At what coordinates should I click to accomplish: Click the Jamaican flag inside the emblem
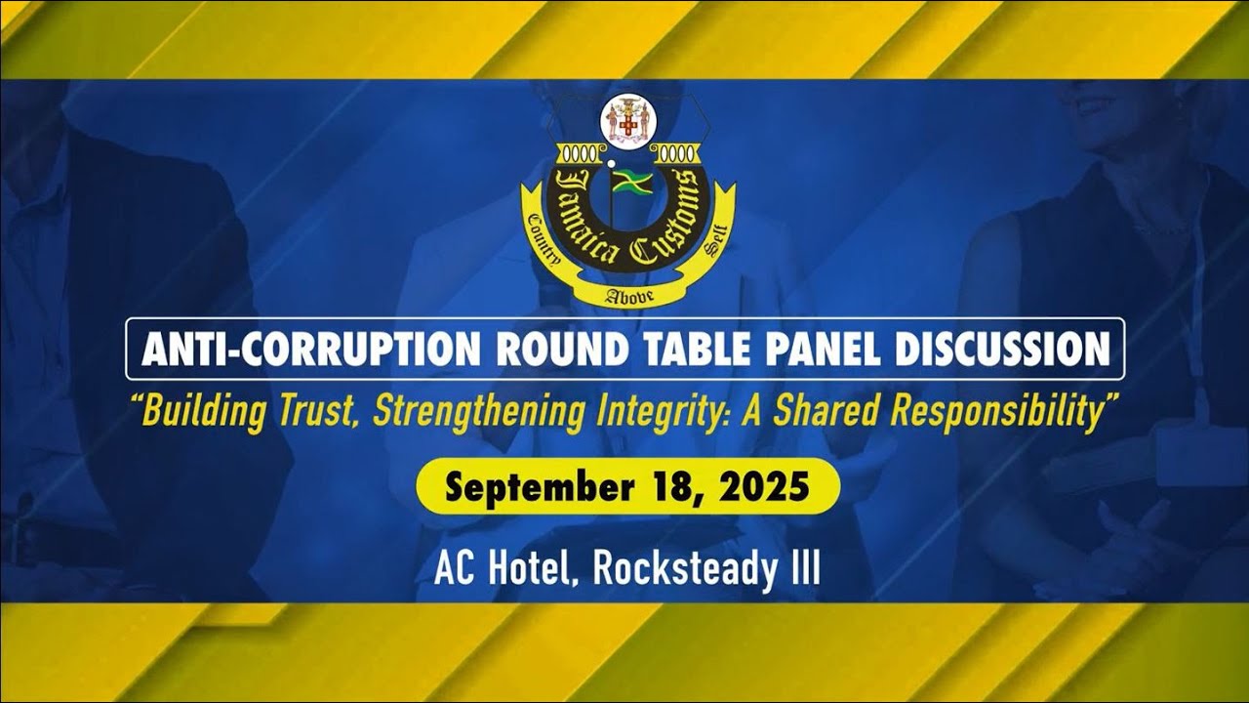tap(632, 182)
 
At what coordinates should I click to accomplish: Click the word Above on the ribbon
tap(625, 293)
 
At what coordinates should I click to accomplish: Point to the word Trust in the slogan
tap(321, 412)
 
